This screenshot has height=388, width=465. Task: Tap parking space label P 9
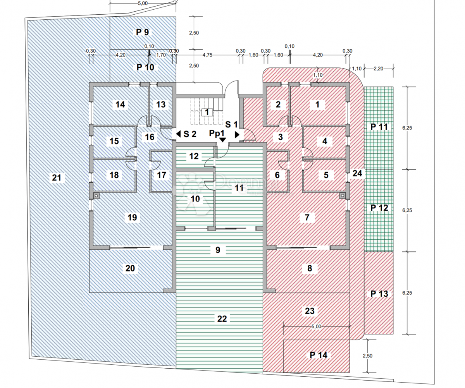(x=142, y=32)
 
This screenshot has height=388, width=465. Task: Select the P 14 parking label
(x=319, y=355)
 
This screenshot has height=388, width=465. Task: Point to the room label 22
(x=222, y=319)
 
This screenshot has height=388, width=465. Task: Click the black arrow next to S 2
(x=178, y=134)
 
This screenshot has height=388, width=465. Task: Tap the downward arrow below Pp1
(x=222, y=139)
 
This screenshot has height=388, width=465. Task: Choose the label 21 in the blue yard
(x=57, y=178)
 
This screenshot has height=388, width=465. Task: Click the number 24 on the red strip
(x=358, y=174)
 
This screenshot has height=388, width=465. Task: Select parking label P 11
(x=379, y=127)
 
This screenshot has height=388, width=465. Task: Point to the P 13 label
(x=379, y=294)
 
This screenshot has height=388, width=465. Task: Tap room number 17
(x=162, y=175)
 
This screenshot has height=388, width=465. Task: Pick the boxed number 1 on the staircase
(x=207, y=112)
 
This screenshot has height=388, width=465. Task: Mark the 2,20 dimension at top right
(x=378, y=69)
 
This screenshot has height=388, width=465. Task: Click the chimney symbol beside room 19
(x=96, y=196)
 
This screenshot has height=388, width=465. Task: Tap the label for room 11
(x=239, y=189)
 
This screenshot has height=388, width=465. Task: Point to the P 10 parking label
(x=145, y=67)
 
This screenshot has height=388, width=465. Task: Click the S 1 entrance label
(x=231, y=124)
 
